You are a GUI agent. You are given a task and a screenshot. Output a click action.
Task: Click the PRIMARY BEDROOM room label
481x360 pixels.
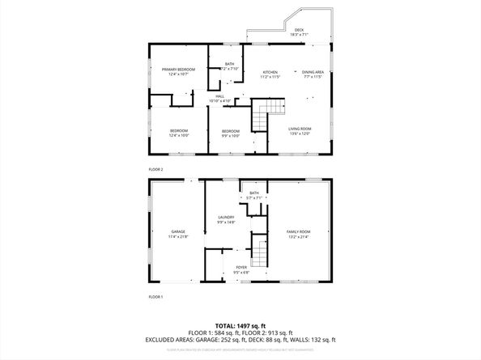click(x=178, y=70)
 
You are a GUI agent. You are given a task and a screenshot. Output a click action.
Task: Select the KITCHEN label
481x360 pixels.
click(x=270, y=73)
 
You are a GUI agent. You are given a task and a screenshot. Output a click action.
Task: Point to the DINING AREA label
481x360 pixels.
click(x=313, y=73)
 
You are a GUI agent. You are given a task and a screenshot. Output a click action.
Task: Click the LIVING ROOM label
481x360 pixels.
click(x=300, y=129)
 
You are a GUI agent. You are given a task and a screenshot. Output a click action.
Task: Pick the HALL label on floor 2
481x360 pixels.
click(x=220, y=96)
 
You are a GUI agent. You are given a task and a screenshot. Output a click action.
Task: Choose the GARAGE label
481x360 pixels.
click(x=178, y=231)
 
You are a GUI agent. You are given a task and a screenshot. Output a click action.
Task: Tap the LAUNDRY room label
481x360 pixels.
click(x=226, y=217)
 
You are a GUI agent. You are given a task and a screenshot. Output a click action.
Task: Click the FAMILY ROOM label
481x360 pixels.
click(x=298, y=231)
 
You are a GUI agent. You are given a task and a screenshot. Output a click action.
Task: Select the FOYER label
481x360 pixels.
click(x=241, y=267)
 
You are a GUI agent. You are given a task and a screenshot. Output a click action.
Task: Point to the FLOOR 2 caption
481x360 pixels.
click(x=155, y=169)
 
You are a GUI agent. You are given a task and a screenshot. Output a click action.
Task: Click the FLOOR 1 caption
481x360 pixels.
click(x=155, y=297)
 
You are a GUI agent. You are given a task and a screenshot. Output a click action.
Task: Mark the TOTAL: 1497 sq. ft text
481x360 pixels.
click(x=240, y=323)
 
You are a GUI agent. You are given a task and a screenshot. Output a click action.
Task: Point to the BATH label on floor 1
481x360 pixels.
click(x=253, y=193)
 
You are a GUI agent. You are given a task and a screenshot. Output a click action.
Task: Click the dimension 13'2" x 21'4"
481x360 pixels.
click(x=298, y=237)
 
